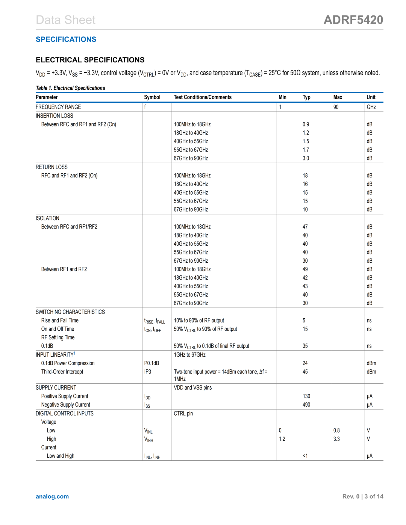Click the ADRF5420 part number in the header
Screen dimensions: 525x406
(353, 20)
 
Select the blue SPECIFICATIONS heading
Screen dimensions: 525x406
(66, 39)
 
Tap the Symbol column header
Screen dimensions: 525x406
(152, 97)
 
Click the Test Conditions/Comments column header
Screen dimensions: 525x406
(202, 97)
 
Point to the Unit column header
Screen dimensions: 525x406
(371, 97)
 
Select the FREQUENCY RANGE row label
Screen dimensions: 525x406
(58, 107)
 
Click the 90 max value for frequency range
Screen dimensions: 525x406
(336, 107)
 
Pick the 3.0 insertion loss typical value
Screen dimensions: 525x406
(306, 159)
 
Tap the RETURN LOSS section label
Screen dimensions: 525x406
(52, 167)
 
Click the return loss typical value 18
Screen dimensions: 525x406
(305, 176)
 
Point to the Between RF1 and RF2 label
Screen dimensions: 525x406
(64, 269)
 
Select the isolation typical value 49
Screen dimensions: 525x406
(305, 269)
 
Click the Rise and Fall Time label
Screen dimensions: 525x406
(60, 321)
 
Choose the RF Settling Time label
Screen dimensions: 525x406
(58, 337)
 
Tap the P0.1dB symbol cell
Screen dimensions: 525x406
(151, 363)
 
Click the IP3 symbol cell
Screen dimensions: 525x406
(148, 372)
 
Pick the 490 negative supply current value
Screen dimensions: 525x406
(306, 405)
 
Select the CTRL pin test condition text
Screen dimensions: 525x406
(183, 414)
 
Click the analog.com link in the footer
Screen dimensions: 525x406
(52, 496)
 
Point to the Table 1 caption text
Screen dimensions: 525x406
(70, 88)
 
